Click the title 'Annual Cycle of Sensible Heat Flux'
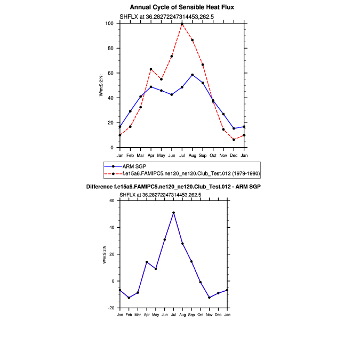pyautogui.click(x=182, y=7)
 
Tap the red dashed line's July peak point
pyautogui.click(x=182, y=23)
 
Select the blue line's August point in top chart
pyautogui.click(x=193, y=75)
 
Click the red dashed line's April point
pyautogui.click(x=151, y=69)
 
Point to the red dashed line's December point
pyautogui.click(x=234, y=140)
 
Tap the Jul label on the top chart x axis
pyautogui.click(x=182, y=155)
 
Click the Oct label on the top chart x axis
pyautogui.click(x=213, y=155)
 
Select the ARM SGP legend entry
pyautogui.click(x=138, y=166)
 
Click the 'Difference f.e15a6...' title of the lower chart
pyautogui.click(x=173, y=186)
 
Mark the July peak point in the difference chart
pyautogui.click(x=174, y=213)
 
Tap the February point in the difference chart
pyautogui.click(x=129, y=298)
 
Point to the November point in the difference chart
pyautogui.click(x=210, y=298)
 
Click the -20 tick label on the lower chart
pyautogui.click(x=112, y=308)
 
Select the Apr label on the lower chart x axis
pyautogui.click(x=147, y=315)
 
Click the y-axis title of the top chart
pyautogui.click(x=101, y=85)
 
